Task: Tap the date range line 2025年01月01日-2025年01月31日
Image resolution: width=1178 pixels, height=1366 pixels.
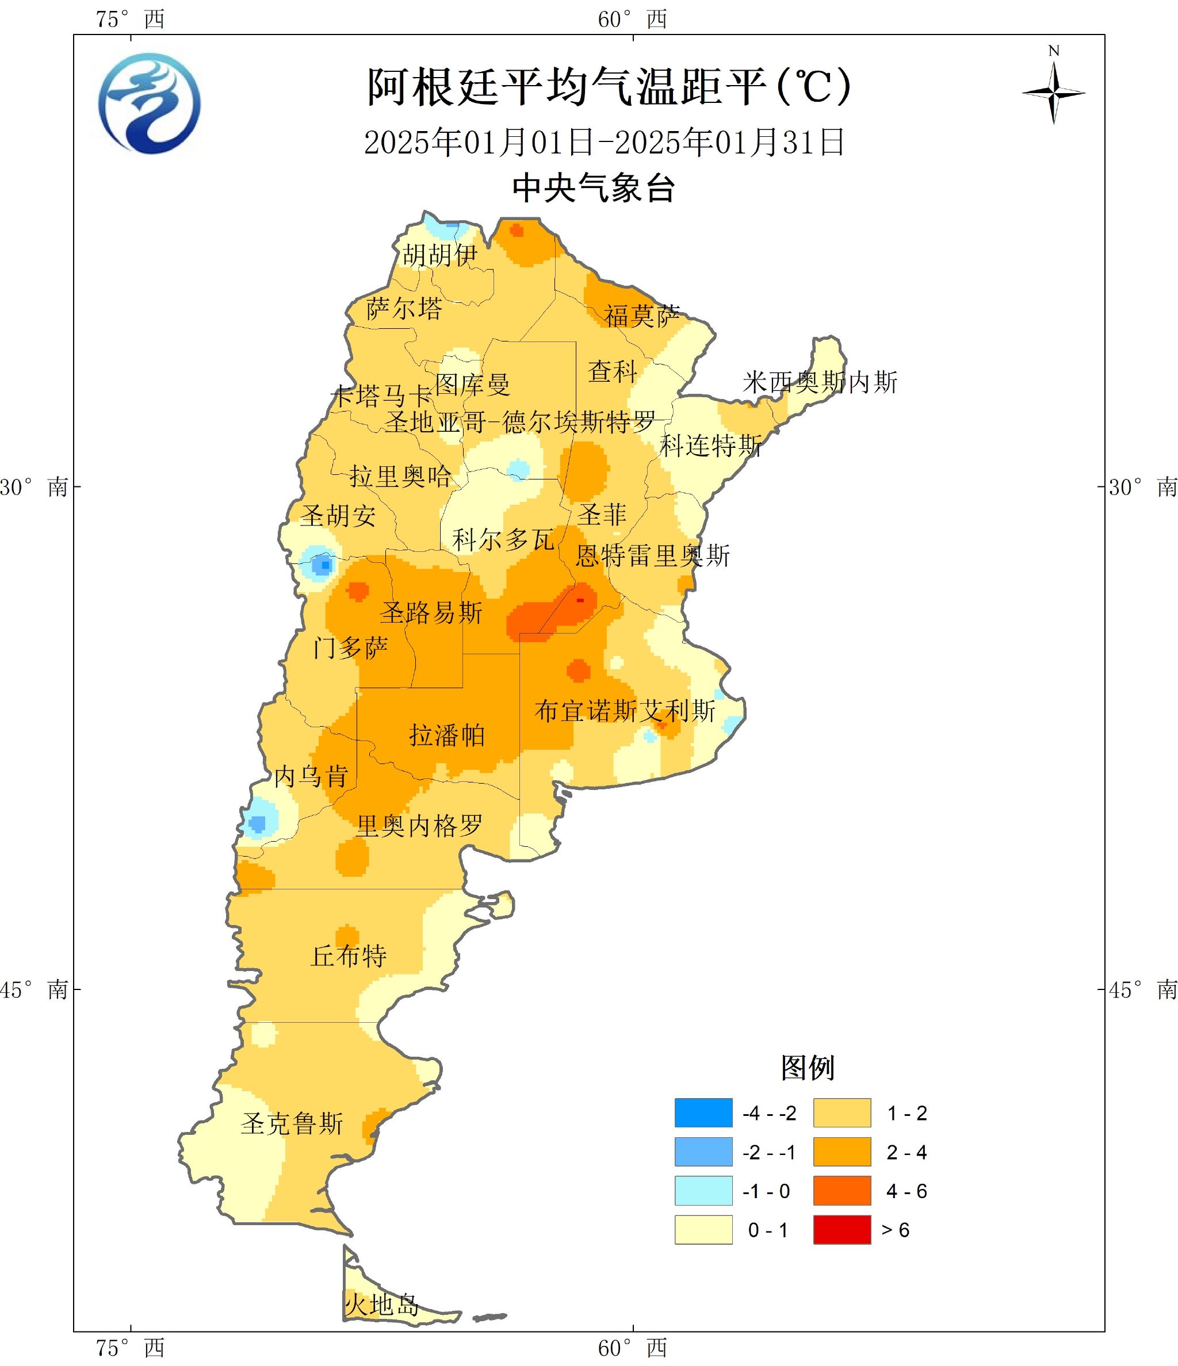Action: coord(604,143)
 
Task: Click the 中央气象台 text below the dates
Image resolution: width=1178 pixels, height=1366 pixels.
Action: coord(594,189)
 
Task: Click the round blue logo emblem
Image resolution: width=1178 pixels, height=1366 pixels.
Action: coord(150,103)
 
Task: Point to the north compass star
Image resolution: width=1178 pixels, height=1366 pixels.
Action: coord(1053,93)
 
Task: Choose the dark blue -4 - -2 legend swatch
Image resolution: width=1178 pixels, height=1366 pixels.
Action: coord(703,1113)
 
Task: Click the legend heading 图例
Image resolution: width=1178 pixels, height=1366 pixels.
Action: coord(808,1068)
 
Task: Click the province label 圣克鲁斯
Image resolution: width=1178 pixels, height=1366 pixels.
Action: coord(292,1123)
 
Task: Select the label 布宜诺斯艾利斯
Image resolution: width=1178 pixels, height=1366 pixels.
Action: coord(625,711)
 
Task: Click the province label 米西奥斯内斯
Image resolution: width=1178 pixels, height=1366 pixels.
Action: coord(820,382)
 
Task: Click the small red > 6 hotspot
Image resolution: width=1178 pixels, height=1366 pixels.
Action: coord(580,601)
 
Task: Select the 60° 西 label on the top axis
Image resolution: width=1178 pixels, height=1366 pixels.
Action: coord(632,19)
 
